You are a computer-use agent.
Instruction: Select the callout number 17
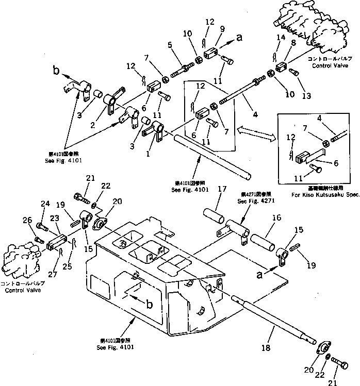tap(222, 190)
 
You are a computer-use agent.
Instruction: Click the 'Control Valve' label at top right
tap(323, 66)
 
